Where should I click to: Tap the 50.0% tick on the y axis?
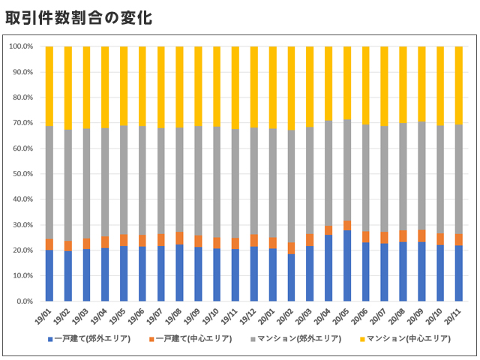21,174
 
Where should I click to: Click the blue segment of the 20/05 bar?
346,265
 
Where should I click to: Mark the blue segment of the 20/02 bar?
291,277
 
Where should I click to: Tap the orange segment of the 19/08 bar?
179,238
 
